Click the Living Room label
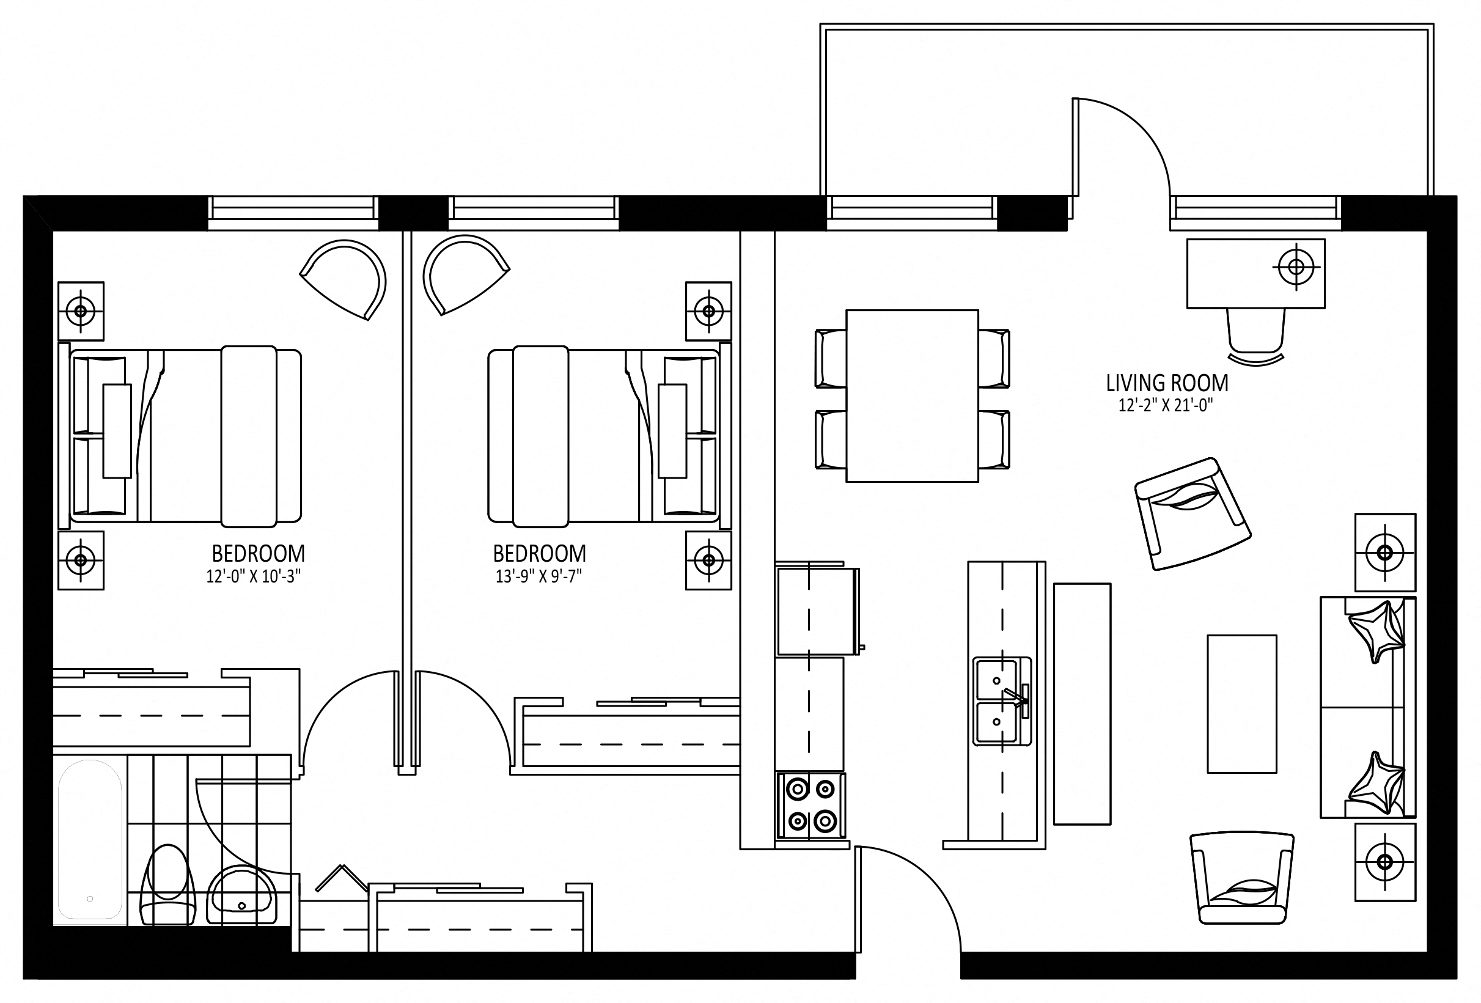coord(1167,383)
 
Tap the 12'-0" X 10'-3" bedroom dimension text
coord(253,577)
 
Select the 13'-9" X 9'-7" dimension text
coord(539,577)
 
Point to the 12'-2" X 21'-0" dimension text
coord(1166,405)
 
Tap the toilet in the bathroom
coord(167,885)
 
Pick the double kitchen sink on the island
coord(1001,701)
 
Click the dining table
coord(912,395)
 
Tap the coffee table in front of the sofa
coord(1242,704)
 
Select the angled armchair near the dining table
coord(1193,513)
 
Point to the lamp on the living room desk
coord(1296,266)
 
